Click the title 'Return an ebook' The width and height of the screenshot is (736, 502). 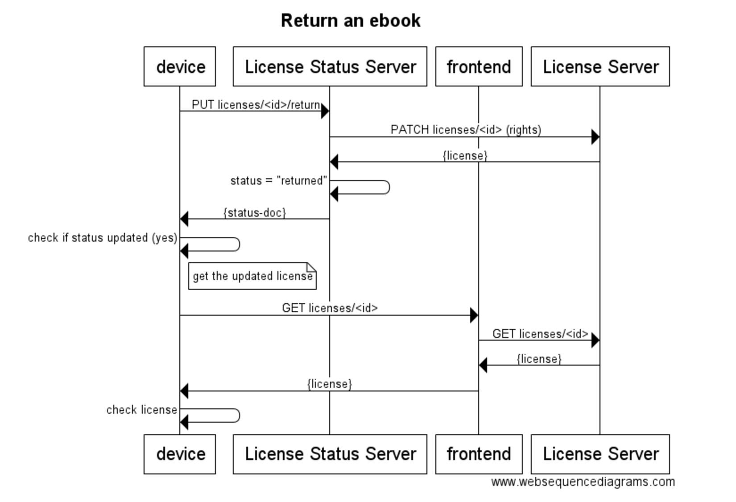click(x=351, y=21)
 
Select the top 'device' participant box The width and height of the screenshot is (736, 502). click(x=180, y=66)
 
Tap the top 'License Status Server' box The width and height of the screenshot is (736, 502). click(x=330, y=66)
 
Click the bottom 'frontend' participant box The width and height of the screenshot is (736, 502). click(x=479, y=454)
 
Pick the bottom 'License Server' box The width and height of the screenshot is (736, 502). click(x=600, y=454)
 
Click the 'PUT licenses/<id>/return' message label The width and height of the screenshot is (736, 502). click(x=256, y=105)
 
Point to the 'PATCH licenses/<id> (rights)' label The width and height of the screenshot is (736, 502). click(x=466, y=130)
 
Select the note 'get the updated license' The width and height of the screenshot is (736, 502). click(x=252, y=276)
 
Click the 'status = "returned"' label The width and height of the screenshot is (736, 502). click(x=278, y=181)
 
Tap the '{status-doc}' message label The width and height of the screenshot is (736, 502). click(x=254, y=213)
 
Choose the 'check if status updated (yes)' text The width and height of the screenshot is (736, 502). click(x=102, y=238)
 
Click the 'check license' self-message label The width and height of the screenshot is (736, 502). click(x=141, y=410)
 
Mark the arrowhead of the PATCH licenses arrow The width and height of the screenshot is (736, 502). click(x=595, y=137)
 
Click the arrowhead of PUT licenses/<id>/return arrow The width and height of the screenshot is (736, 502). click(x=325, y=111)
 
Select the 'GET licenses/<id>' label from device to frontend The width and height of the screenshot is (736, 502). click(x=330, y=308)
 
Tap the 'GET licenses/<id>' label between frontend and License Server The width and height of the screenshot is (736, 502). click(x=540, y=334)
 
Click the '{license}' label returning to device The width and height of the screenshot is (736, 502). click(x=330, y=384)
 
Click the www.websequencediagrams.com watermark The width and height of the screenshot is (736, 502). click(x=583, y=482)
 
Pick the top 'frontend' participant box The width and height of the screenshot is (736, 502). click(x=479, y=66)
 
